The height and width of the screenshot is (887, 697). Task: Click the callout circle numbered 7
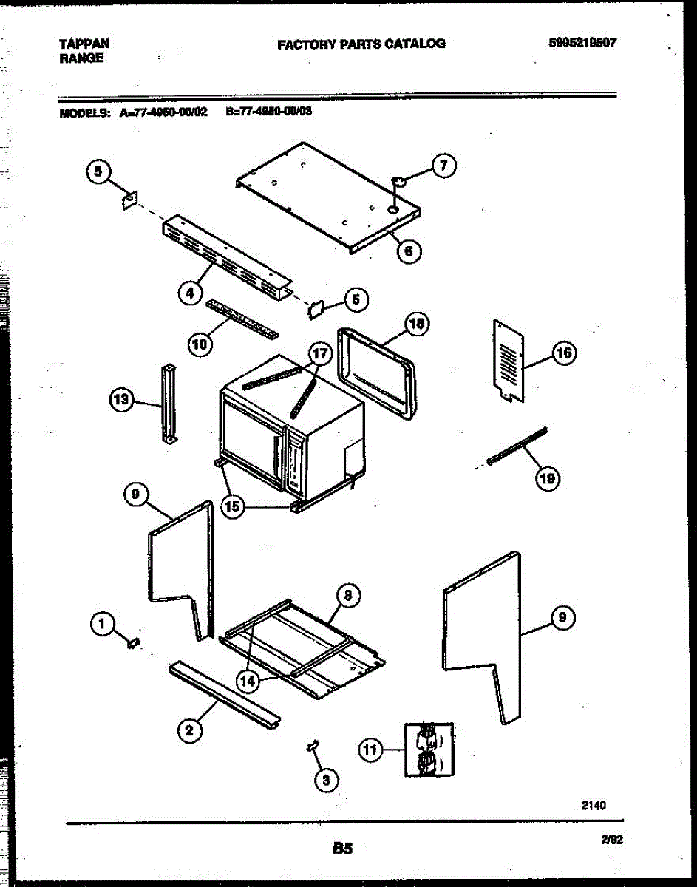[443, 166]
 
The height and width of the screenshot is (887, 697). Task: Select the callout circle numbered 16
[564, 354]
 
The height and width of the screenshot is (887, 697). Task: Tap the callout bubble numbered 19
[547, 479]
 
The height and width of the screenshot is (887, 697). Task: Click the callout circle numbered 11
[370, 750]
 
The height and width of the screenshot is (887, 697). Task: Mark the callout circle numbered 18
[418, 324]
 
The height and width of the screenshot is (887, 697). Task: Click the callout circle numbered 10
[199, 343]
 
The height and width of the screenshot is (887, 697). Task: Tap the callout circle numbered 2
[190, 730]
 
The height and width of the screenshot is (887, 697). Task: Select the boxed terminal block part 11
[429, 750]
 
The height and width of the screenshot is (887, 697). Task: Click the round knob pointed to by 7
[398, 180]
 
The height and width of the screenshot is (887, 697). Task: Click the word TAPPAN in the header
[79, 44]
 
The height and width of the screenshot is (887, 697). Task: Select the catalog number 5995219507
[582, 43]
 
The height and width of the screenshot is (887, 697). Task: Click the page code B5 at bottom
[341, 849]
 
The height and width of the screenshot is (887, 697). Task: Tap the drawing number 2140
[594, 806]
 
